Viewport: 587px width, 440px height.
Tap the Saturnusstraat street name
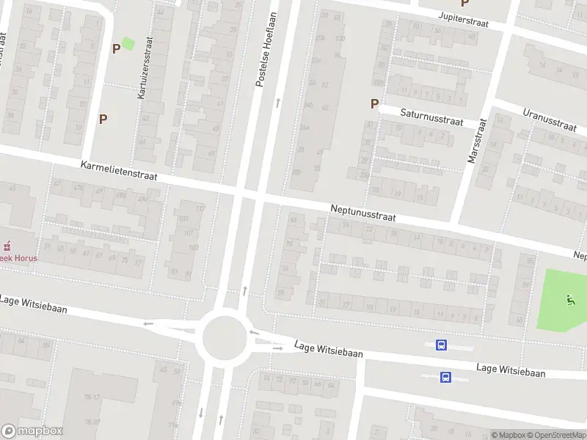pos(431,117)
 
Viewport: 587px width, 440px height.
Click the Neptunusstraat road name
pos(362,213)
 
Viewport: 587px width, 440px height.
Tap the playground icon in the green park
pos(570,298)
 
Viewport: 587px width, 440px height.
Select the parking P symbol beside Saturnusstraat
pos(374,104)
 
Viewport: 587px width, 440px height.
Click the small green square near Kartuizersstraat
pos(128,44)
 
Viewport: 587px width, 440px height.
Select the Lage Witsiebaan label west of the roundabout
pos(33,304)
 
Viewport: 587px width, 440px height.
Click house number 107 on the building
pos(189,234)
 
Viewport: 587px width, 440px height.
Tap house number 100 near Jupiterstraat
pos(339,38)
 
